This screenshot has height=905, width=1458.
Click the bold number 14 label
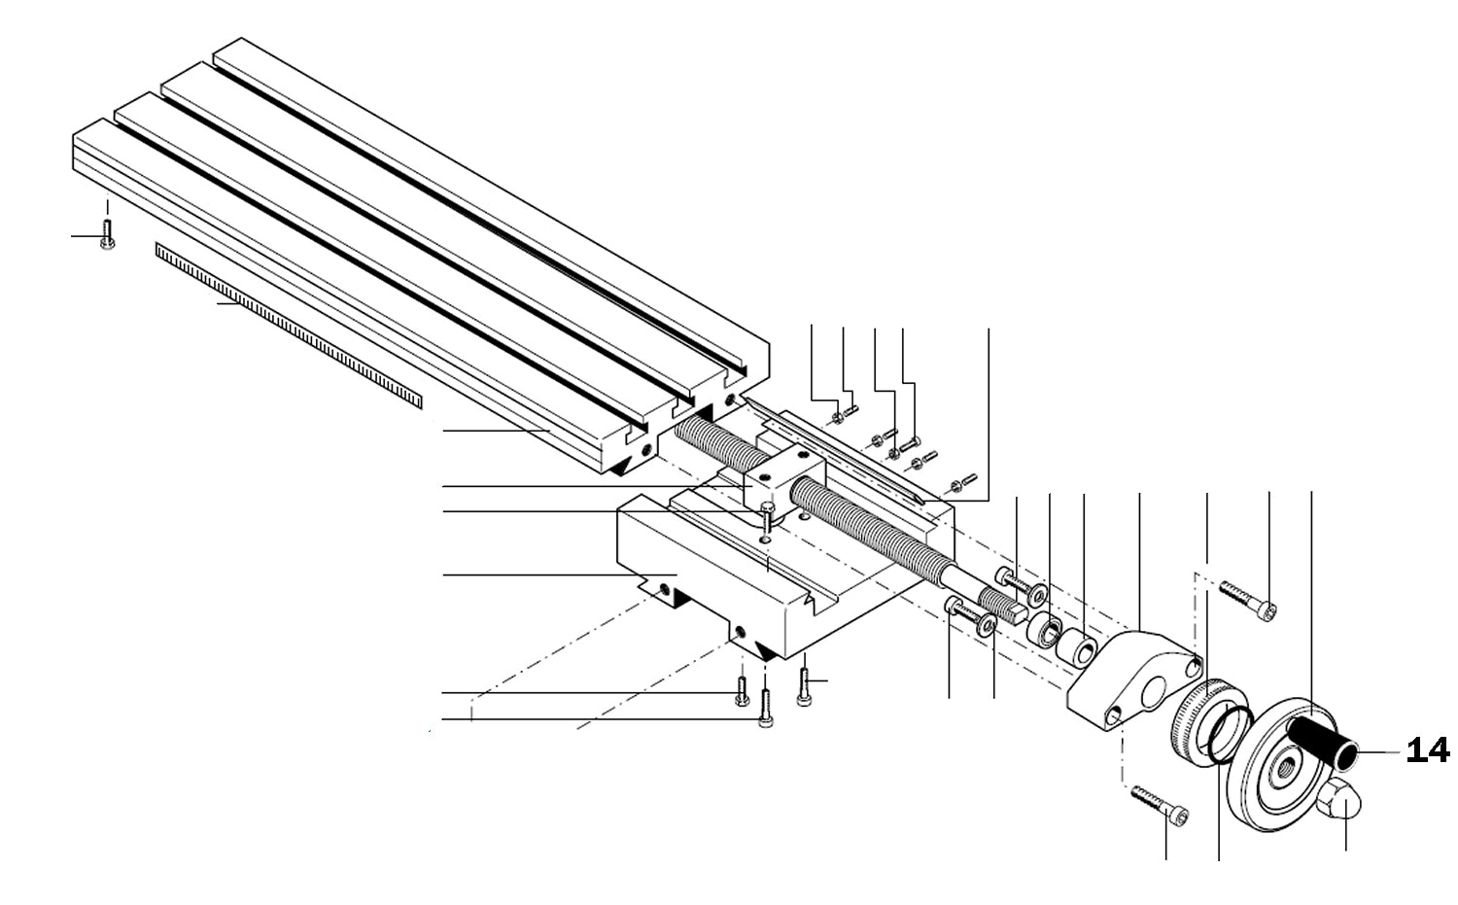tap(1428, 750)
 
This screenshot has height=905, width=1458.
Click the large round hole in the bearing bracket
tap(1155, 692)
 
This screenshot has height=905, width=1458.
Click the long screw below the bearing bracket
tap(1159, 805)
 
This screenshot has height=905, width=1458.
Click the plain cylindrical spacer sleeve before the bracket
tap(1077, 649)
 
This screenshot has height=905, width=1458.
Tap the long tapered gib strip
tap(836, 452)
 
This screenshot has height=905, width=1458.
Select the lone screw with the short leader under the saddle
tap(804, 685)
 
